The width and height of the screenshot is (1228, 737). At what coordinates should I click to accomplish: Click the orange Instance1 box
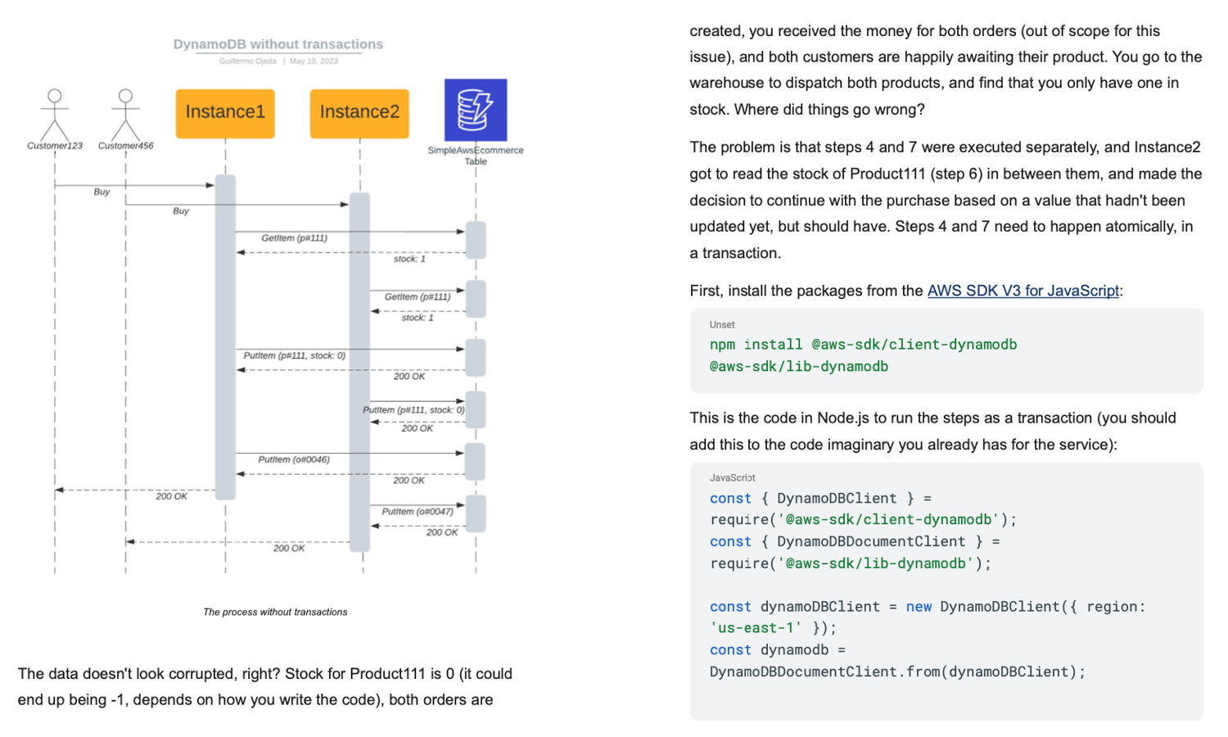[225, 113]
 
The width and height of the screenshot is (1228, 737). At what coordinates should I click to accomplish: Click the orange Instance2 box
[359, 113]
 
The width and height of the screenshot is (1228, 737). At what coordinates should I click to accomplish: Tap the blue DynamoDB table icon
[476, 110]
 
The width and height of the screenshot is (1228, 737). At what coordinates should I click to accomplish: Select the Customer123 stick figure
[55, 115]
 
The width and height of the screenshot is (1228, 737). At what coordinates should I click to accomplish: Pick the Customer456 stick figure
[125, 115]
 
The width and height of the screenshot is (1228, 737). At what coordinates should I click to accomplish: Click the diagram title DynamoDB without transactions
[278, 44]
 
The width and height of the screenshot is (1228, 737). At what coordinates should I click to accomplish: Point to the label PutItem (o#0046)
[294, 459]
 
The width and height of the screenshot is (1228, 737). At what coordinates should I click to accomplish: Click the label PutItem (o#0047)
[418, 512]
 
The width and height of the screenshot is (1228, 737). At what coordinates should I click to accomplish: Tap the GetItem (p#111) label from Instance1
[294, 238]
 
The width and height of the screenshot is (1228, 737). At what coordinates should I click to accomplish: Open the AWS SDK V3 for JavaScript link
[1023, 291]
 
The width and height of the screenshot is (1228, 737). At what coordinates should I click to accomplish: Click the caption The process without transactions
[275, 612]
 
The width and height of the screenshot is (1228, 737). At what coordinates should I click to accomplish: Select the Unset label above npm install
[722, 325]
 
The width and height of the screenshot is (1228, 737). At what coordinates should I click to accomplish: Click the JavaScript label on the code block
[732, 477]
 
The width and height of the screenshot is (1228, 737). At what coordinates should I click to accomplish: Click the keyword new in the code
[919, 607]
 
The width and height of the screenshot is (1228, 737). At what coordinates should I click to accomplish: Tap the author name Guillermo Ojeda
[247, 61]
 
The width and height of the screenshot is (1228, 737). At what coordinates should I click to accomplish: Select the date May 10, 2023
[314, 61]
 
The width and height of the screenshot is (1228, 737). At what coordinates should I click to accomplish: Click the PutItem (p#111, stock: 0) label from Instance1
[294, 356]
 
